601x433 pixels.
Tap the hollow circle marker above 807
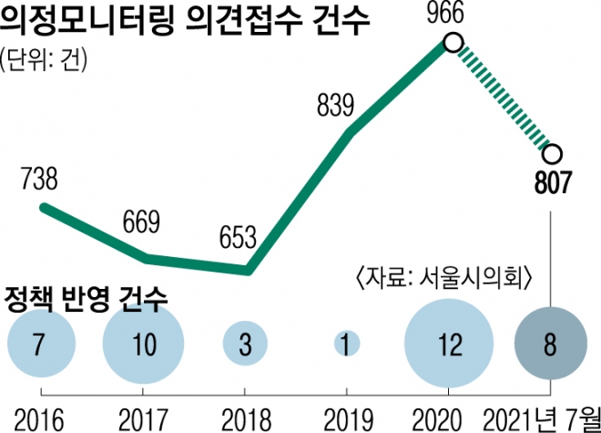coord(552,153)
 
